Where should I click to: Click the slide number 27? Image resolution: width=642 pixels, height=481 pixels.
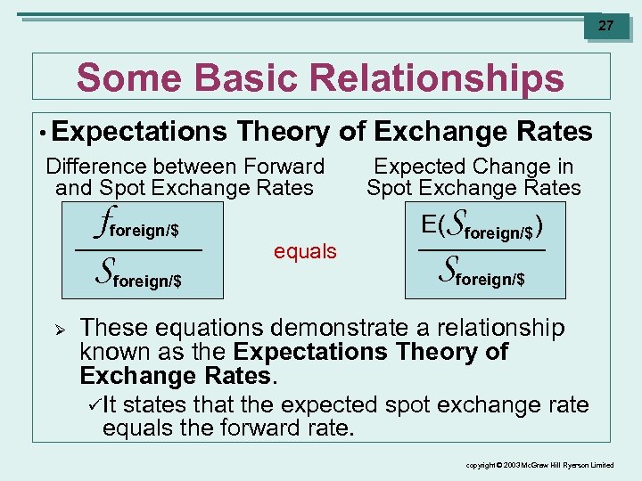pos(606,26)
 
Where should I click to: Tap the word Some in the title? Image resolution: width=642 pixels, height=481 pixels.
pos(118,78)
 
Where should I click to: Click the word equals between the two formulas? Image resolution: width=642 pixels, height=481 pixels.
pos(305,251)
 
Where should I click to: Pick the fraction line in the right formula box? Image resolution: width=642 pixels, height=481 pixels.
pos(482,250)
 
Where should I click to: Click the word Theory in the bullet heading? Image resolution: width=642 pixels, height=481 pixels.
pos(283,132)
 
